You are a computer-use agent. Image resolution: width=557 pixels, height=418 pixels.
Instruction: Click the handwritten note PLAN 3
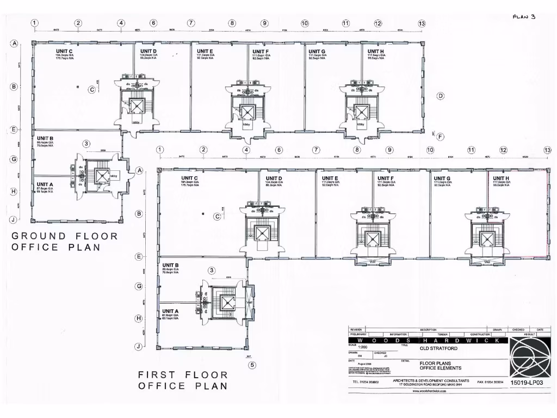point(524,16)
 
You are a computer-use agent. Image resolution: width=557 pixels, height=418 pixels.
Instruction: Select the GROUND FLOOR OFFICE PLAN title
point(65,242)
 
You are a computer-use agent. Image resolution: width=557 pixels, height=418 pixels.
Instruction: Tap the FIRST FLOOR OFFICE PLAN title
point(183,380)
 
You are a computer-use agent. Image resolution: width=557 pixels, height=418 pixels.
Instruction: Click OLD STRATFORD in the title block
point(438,348)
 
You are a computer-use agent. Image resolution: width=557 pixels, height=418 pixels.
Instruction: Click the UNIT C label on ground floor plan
point(64,51)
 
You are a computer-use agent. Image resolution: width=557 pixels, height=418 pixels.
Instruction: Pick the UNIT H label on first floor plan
point(501,178)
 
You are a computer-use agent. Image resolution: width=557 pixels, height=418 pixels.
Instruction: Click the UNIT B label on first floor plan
point(170,265)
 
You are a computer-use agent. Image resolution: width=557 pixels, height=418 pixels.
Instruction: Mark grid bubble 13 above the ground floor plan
point(422,23)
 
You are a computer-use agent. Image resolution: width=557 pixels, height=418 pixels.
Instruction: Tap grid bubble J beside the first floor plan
point(139,346)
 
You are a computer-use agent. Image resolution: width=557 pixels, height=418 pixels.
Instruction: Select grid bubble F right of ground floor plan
point(440,137)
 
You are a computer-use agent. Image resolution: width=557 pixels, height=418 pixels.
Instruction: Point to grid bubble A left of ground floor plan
point(14,44)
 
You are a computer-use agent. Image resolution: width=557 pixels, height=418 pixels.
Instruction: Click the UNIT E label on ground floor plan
point(205,51)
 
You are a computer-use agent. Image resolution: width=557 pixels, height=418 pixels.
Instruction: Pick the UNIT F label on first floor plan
point(386,178)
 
